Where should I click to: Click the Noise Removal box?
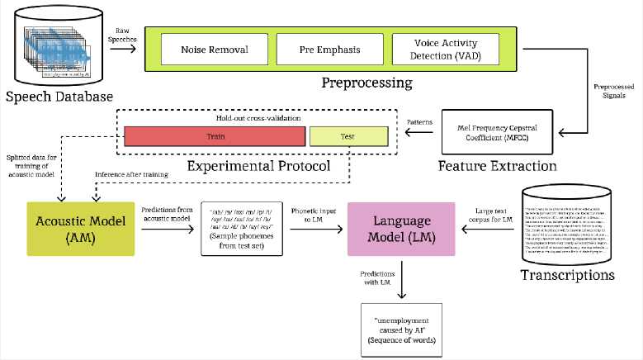click(x=214, y=49)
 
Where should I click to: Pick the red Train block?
click(x=213, y=135)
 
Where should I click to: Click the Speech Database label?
click(x=59, y=97)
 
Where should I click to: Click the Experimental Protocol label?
click(x=259, y=165)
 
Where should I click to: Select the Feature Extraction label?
click(x=497, y=165)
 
